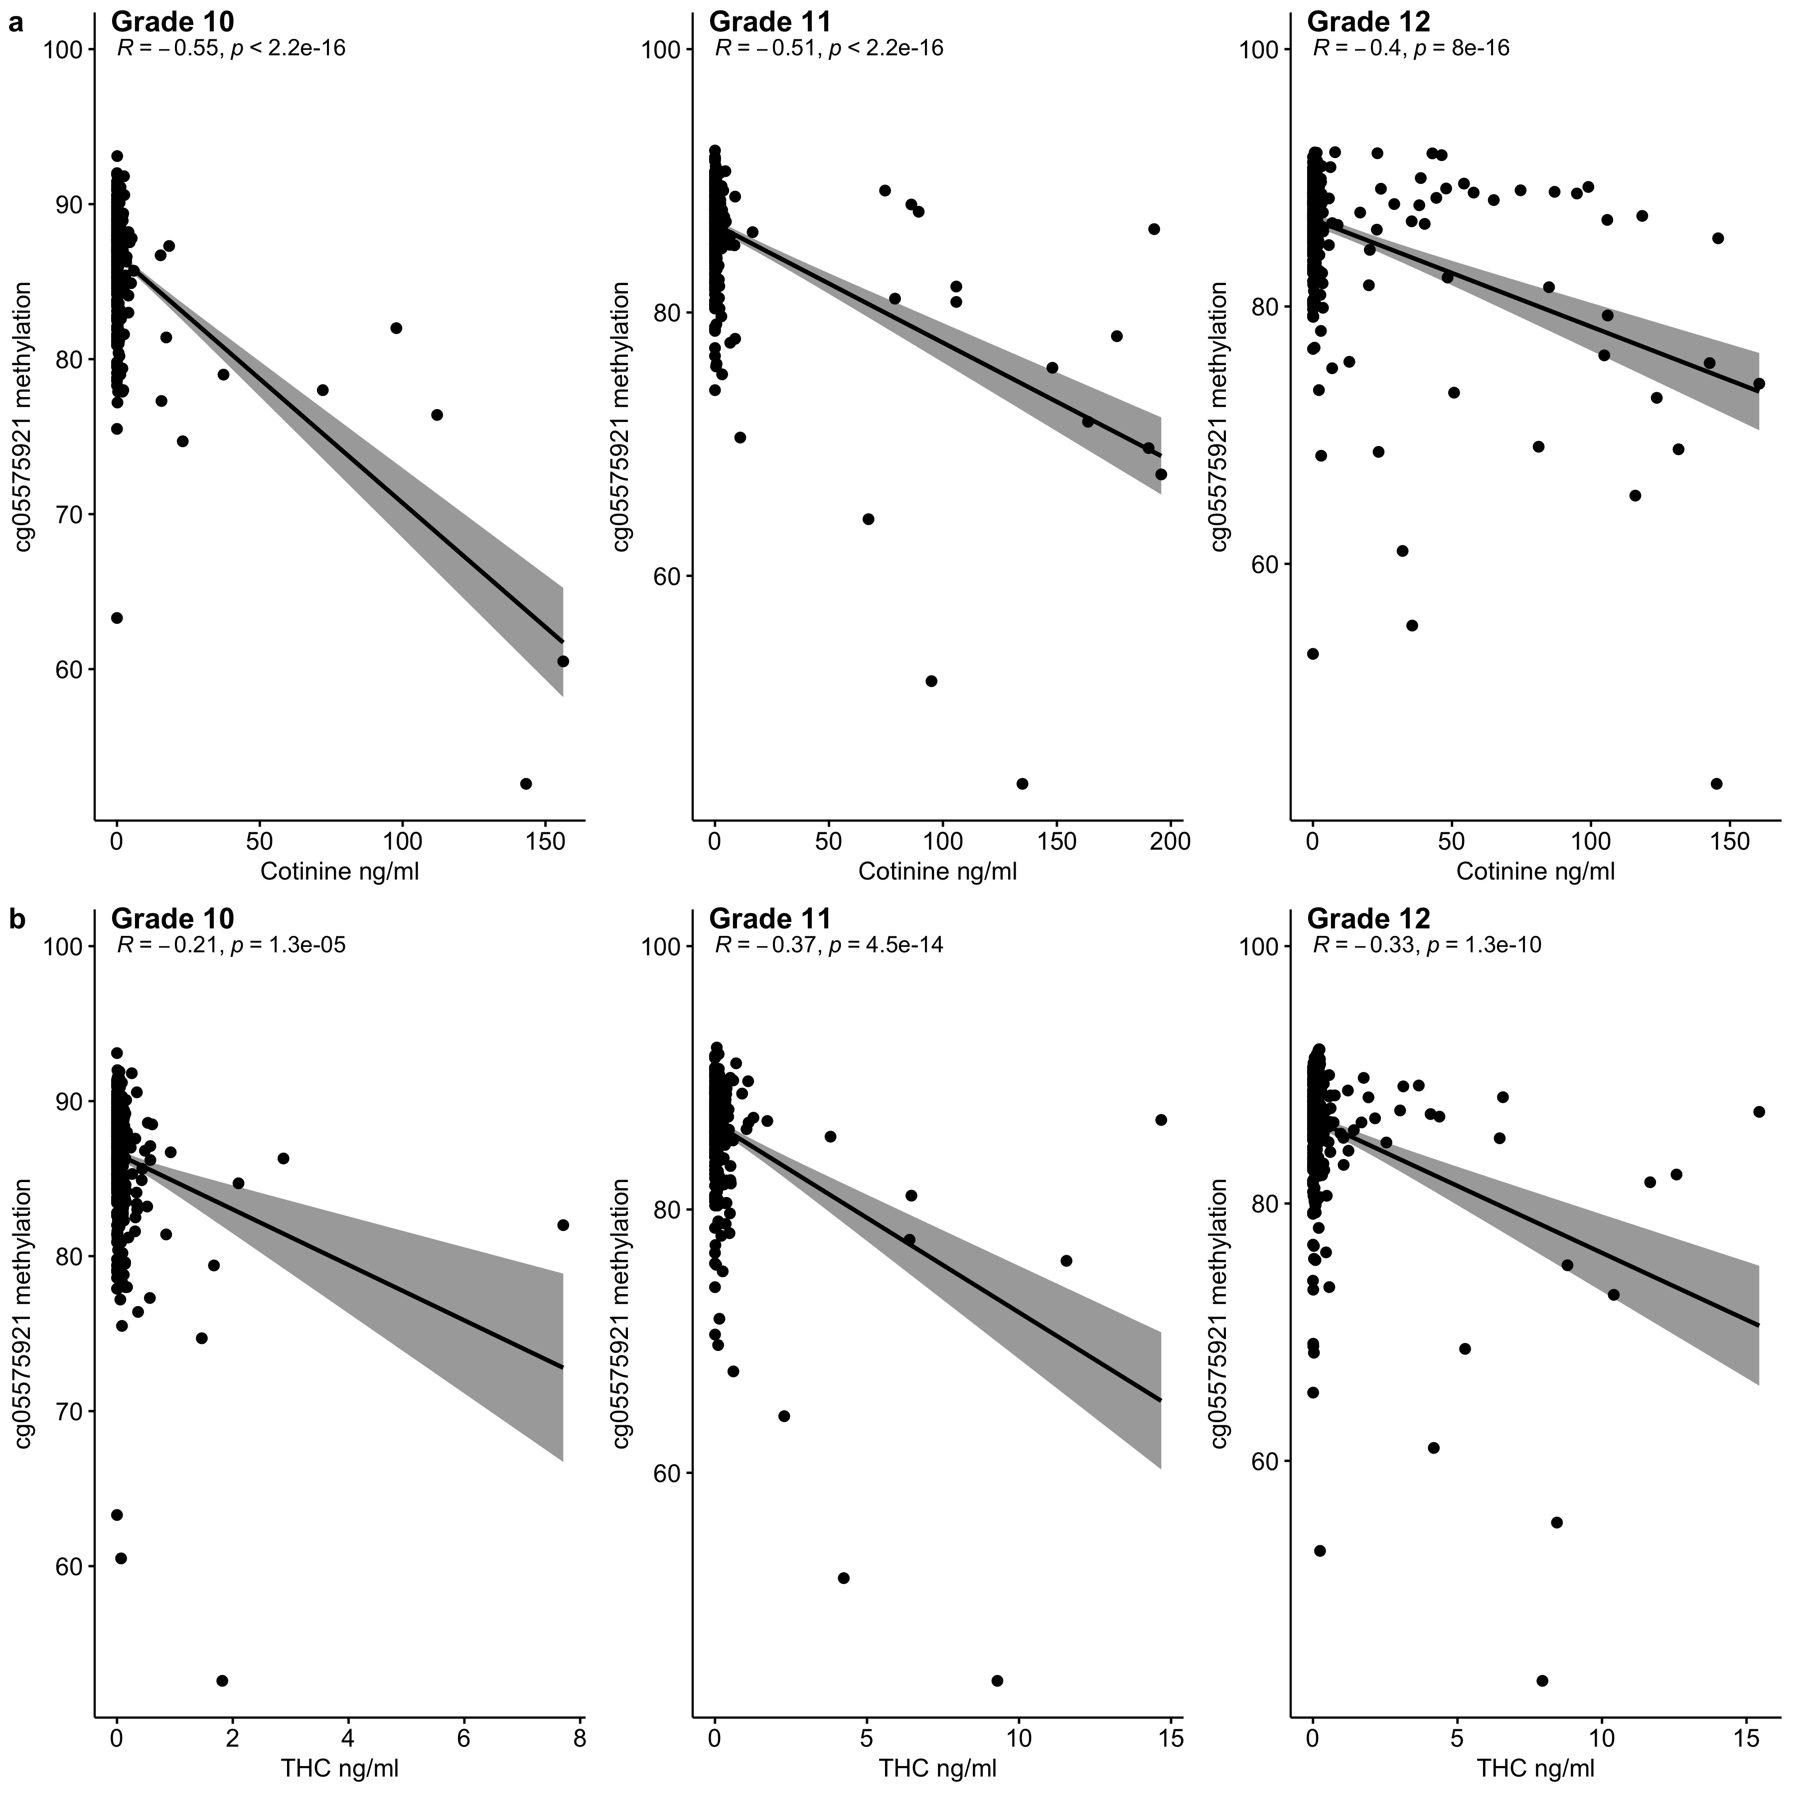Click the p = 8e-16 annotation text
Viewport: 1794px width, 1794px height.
pos(1461,48)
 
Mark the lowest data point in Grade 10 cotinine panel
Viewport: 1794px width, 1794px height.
pos(526,784)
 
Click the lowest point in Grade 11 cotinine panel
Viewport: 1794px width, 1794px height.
pos(1023,784)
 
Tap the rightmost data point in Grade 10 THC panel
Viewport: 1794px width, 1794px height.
pos(563,1225)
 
